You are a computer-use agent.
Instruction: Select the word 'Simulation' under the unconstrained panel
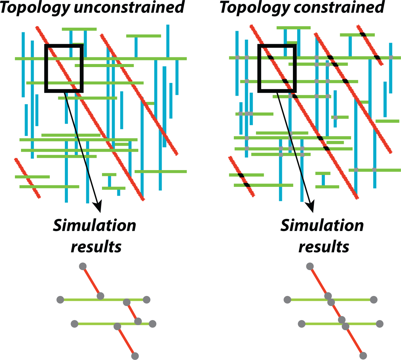[94, 226]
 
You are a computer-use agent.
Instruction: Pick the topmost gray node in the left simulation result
[83, 266]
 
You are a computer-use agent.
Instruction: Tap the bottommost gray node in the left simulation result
[135, 356]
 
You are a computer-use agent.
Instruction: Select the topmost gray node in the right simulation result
[310, 266]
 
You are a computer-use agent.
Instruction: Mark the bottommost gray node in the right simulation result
[363, 355]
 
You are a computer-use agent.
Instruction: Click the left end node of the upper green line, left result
[60, 300]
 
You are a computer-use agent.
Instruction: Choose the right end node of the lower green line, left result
[152, 324]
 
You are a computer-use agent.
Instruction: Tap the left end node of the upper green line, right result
[287, 300]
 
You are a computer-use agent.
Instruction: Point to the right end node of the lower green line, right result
[379, 324]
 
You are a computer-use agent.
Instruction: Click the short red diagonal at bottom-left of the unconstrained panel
[27, 178]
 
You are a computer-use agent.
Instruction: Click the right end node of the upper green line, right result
[374, 300]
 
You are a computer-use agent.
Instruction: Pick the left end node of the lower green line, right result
[301, 324]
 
